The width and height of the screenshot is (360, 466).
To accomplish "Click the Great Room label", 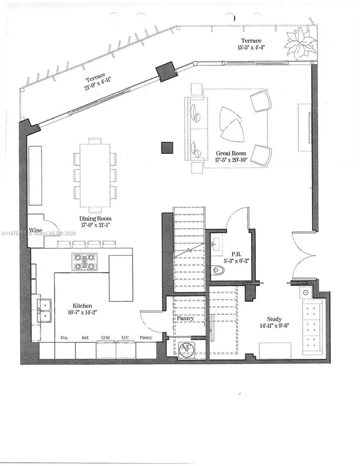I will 231,154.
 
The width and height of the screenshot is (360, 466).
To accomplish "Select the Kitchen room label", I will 82,306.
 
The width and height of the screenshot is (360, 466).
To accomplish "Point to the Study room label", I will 274,319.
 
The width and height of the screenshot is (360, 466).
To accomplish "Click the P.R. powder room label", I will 236,254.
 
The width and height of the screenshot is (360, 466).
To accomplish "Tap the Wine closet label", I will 36,231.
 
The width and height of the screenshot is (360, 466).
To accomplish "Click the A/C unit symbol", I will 185,349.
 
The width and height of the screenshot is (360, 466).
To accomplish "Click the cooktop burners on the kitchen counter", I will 84,262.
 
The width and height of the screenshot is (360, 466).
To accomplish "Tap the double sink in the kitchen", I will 44,310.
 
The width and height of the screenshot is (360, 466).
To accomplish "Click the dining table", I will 95,175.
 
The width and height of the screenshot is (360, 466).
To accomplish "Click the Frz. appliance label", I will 64,338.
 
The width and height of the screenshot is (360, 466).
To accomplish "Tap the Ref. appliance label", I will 84,338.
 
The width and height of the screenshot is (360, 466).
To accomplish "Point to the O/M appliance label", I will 105,338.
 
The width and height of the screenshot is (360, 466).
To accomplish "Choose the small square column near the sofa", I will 167,147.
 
